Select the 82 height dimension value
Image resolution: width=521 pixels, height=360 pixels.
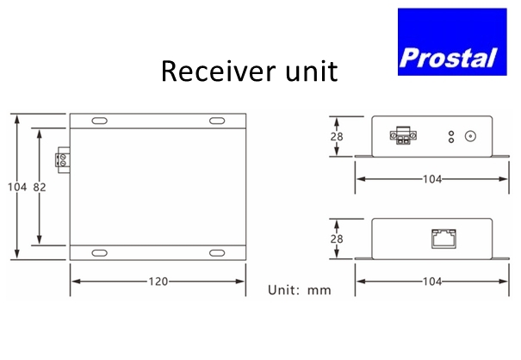coord(40,187)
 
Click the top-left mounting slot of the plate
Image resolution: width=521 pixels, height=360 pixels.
coord(100,121)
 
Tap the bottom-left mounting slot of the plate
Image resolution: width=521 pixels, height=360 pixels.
coord(100,252)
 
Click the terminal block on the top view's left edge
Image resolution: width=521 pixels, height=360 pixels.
coord(61,158)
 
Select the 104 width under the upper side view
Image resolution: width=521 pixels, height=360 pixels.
coord(431,179)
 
